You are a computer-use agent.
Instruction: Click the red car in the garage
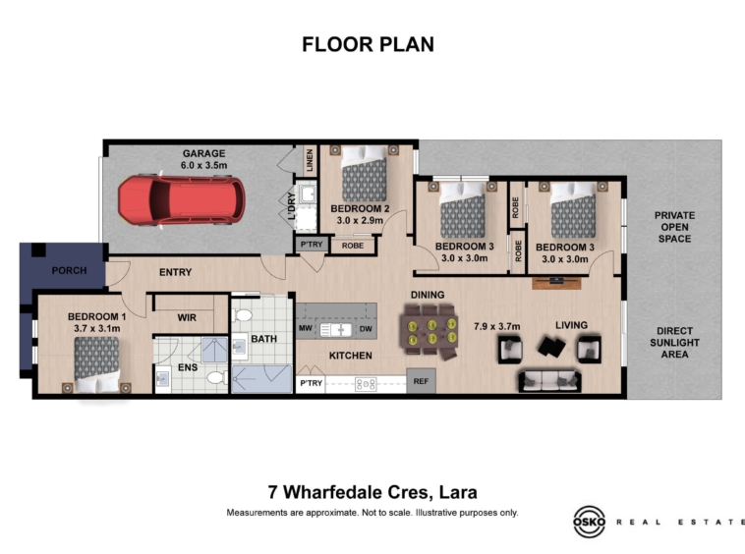pyautogui.click(x=182, y=200)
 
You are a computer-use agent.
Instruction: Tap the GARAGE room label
pyautogui.click(x=203, y=153)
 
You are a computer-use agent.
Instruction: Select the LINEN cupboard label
pyautogui.click(x=310, y=160)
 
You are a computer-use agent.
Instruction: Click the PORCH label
pyautogui.click(x=70, y=270)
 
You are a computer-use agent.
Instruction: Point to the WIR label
pyautogui.click(x=187, y=317)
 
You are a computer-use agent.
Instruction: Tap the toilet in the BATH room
pyautogui.click(x=243, y=315)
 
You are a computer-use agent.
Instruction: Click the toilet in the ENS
pyautogui.click(x=218, y=378)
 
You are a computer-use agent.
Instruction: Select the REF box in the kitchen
pyautogui.click(x=421, y=381)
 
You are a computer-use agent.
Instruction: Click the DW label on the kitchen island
pyautogui.click(x=366, y=328)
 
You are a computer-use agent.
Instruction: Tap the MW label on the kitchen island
pyautogui.click(x=305, y=328)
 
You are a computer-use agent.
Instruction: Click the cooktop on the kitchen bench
pyautogui.click(x=366, y=384)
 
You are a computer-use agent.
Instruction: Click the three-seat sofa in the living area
pyautogui.click(x=549, y=381)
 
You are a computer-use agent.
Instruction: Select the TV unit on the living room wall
pyautogui.click(x=556, y=283)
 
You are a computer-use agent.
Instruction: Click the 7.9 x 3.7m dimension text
pyautogui.click(x=497, y=327)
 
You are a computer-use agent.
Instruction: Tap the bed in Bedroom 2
pyautogui.click(x=364, y=173)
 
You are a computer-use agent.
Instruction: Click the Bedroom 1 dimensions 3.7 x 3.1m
pyautogui.click(x=97, y=328)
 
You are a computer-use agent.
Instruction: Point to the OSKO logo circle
pyautogui.click(x=589, y=522)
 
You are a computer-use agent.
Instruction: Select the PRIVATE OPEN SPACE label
pyautogui.click(x=674, y=227)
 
